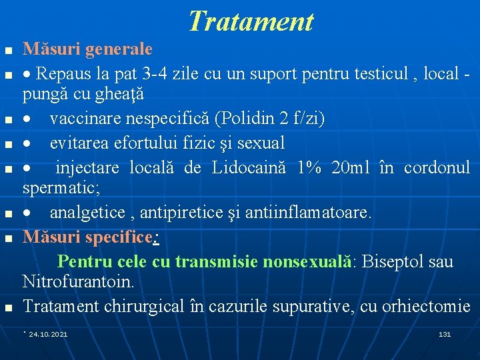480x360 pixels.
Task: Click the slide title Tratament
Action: tap(250, 21)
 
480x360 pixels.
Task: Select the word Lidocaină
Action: tap(251, 167)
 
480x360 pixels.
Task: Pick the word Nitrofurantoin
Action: tap(78, 282)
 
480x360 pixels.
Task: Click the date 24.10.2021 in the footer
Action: tap(48, 333)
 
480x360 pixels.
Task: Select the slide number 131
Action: tap(445, 333)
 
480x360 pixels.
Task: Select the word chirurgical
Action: tap(135, 306)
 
